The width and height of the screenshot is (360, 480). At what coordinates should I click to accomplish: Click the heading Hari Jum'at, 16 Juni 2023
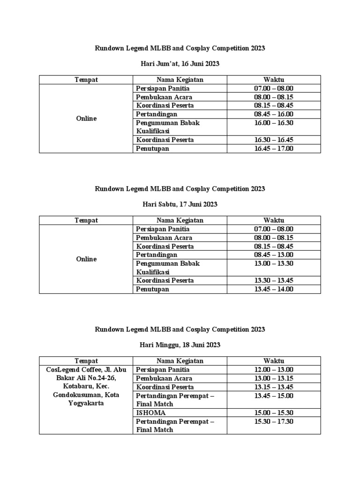(180, 63)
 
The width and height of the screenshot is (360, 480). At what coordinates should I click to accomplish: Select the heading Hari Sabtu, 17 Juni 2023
(180, 204)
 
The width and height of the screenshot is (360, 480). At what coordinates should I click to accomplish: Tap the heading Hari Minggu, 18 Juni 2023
(180, 345)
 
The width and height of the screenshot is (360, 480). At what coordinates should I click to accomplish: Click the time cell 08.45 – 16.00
(274, 114)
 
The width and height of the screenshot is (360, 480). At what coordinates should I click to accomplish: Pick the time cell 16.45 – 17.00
(274, 149)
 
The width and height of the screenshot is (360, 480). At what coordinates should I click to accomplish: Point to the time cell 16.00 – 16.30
(274, 123)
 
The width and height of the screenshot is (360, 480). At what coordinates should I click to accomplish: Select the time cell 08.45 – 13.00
(274, 255)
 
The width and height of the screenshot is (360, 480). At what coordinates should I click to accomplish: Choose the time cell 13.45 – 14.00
(274, 289)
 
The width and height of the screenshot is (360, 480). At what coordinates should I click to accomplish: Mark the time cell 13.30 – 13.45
(274, 280)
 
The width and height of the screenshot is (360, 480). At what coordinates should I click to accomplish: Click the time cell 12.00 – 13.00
(274, 370)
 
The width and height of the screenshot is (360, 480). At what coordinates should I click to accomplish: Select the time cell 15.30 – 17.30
(274, 421)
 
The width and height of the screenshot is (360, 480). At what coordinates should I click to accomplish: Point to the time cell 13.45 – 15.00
(274, 396)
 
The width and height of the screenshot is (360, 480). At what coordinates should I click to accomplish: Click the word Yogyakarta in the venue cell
(86, 403)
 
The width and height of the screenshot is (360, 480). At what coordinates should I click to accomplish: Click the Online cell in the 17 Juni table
(86, 259)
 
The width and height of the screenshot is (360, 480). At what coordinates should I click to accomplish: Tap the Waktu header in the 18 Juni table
(274, 361)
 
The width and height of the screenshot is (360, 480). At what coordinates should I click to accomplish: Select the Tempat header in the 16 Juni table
(86, 80)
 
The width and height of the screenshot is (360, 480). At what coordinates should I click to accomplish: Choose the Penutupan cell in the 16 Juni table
(153, 149)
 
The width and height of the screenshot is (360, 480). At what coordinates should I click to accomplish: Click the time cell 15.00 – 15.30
(274, 412)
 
